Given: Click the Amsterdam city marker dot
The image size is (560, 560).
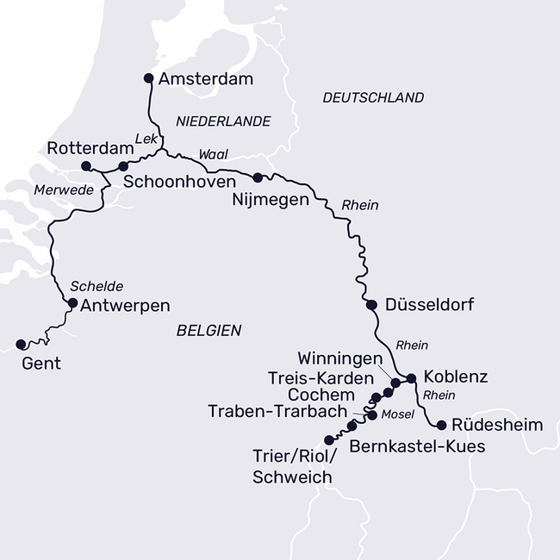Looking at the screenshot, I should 147,78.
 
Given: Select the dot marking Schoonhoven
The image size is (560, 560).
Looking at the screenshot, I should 123,166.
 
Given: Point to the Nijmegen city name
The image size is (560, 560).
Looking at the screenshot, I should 271,200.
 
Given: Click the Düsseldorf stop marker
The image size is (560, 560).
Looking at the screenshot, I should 371,305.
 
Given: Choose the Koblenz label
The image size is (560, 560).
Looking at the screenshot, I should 456,377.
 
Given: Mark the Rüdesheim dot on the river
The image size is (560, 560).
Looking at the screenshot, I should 442,425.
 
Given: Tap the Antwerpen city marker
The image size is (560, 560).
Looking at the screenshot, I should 73,303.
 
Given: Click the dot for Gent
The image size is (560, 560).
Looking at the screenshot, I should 21,345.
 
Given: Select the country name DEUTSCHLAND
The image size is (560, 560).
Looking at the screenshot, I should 373,97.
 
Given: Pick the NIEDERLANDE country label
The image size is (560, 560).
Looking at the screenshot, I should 223,121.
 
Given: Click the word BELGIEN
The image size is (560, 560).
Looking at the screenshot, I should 208,330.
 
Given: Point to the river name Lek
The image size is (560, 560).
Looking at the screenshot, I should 145,136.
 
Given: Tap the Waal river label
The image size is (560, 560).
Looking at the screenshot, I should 213,153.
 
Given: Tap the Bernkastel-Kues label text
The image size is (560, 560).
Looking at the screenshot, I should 417,446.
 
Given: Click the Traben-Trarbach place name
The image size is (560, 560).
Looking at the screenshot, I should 277,412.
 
